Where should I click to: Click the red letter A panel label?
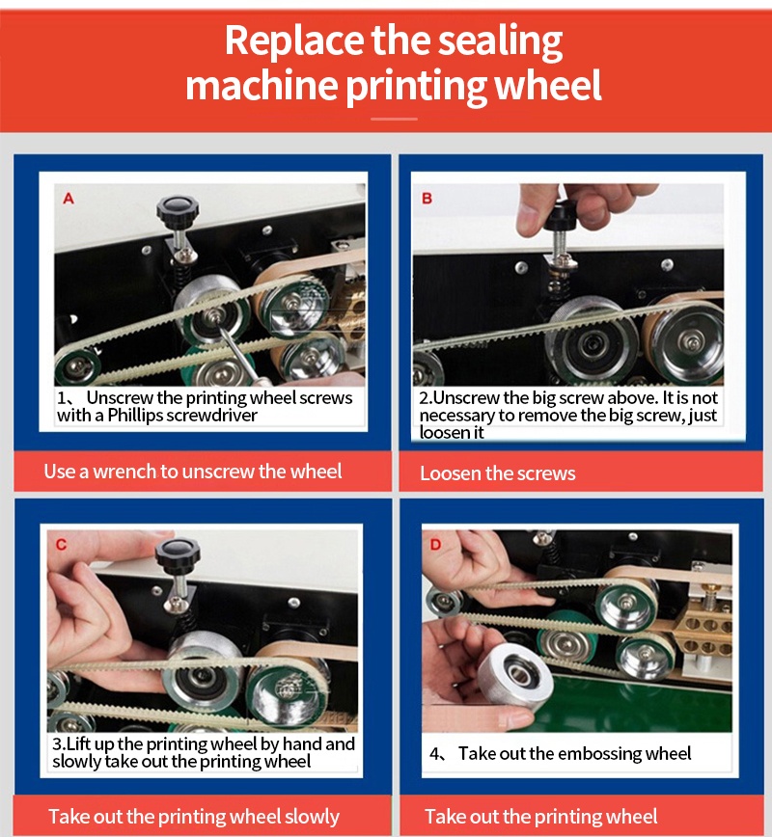[x=69, y=199]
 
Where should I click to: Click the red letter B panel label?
[x=427, y=199]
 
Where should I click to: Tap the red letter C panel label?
[x=62, y=545]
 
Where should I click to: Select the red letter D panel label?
[x=435, y=545]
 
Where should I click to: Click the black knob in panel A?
[x=178, y=208]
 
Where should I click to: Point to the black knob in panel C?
[x=178, y=553]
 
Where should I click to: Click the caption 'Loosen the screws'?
[x=497, y=473]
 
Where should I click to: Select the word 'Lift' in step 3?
[x=78, y=743]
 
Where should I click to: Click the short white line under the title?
[x=394, y=119]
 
